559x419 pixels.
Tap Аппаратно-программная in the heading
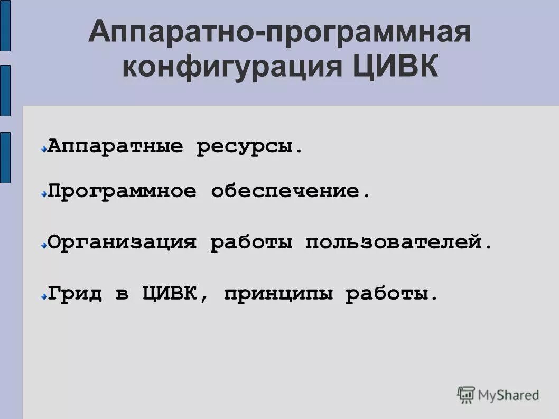279,33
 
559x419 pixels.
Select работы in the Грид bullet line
392,294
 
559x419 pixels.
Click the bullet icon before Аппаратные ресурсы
44,150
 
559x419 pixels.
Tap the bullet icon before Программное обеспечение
44,193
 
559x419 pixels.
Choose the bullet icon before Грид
44,296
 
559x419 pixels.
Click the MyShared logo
498,395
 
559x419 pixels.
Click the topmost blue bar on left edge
5,25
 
